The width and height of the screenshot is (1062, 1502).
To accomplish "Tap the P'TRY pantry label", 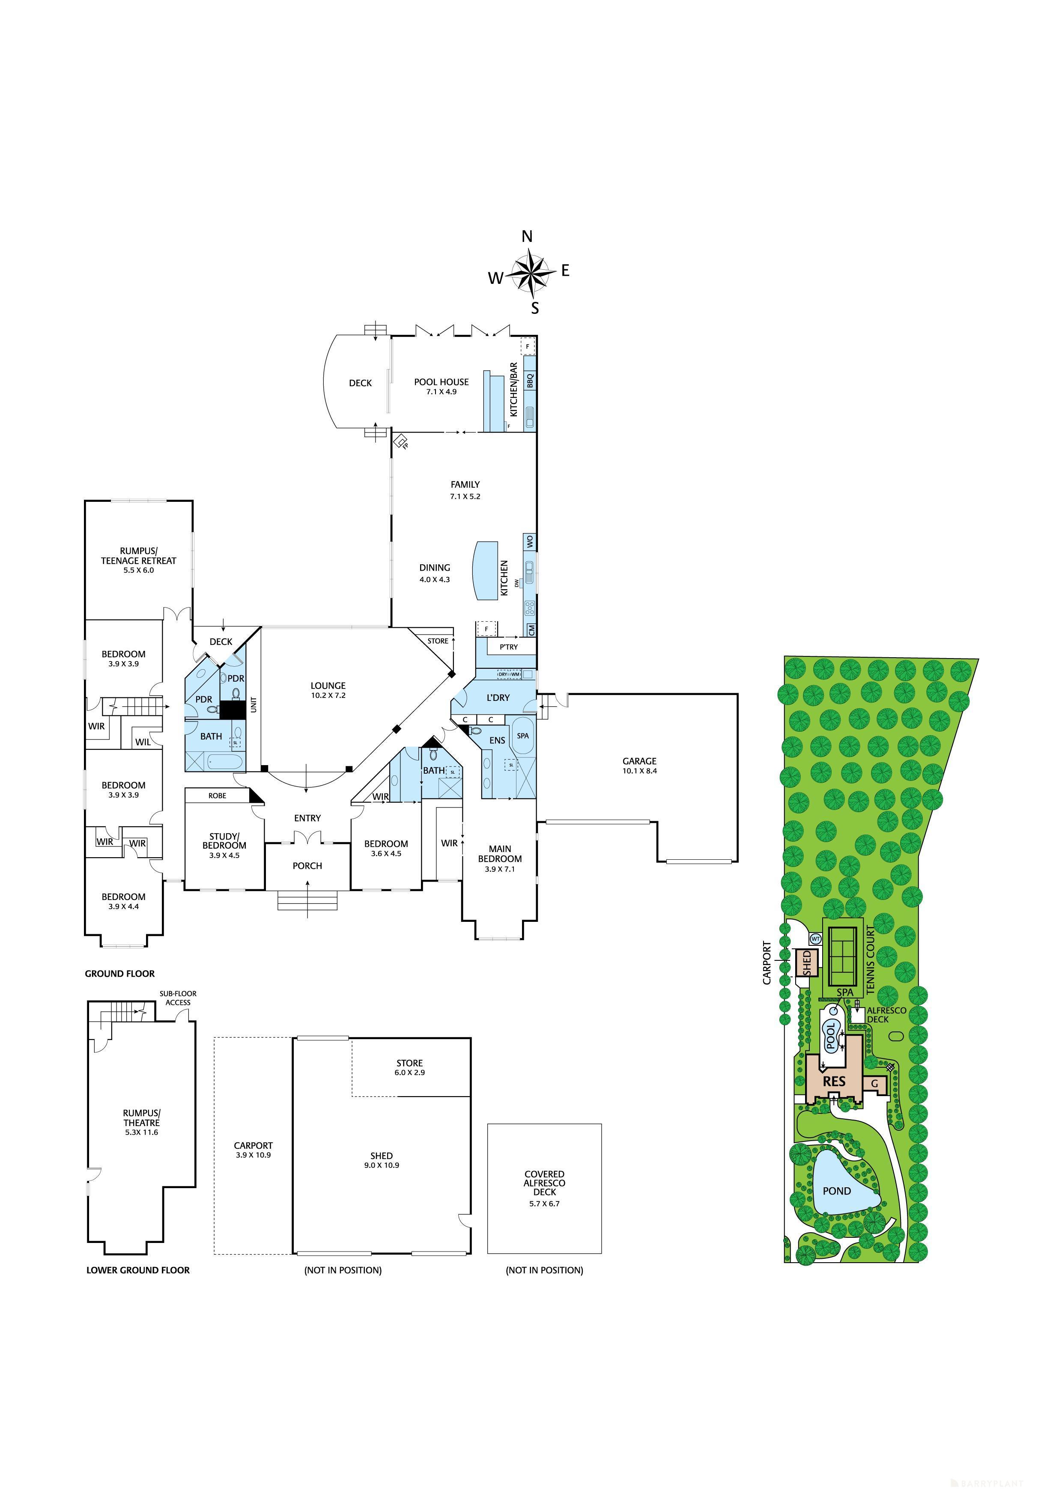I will point(508,647).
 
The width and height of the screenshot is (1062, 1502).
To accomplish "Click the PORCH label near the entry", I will point(307,865).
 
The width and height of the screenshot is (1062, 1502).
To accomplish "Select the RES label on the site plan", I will point(834,1082).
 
